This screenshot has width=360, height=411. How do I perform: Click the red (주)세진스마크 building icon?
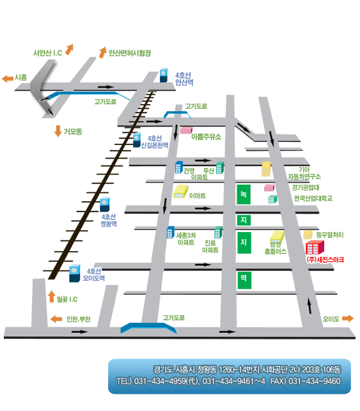(315, 247)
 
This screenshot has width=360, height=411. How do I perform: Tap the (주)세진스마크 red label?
(325, 260)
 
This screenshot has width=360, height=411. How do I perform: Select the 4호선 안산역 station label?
(184, 79)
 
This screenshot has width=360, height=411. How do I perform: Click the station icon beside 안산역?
(164, 75)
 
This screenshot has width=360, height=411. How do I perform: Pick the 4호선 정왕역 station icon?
(105, 205)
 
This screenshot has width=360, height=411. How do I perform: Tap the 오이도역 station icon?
(74, 273)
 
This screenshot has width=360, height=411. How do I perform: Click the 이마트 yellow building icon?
(181, 191)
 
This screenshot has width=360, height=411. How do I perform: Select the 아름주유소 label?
(206, 137)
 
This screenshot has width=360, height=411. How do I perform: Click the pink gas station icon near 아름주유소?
(186, 130)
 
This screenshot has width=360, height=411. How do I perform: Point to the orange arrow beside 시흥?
(7, 78)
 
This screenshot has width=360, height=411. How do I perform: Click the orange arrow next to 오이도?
(348, 318)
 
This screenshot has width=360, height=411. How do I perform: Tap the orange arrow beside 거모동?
(58, 131)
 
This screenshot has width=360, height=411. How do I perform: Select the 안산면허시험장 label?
(130, 53)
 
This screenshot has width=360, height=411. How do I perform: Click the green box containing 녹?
(244, 194)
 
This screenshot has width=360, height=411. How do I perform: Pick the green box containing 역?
(244, 280)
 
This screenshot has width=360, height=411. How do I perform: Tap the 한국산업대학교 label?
(313, 198)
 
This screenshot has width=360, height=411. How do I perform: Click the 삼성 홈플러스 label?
(276, 248)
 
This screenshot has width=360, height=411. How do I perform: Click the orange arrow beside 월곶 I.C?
(52, 296)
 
